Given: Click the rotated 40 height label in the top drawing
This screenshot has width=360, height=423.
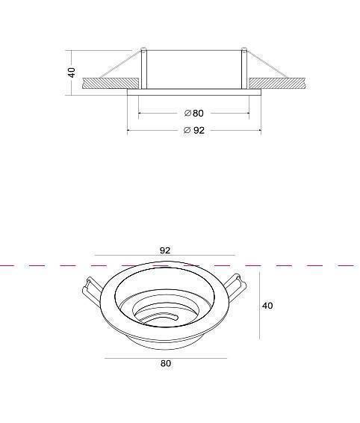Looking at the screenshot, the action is (x=72, y=72).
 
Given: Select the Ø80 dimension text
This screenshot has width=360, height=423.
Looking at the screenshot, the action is (x=194, y=113).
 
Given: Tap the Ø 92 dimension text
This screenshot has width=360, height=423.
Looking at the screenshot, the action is (x=194, y=130).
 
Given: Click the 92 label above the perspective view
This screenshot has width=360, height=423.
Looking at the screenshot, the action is (x=165, y=250).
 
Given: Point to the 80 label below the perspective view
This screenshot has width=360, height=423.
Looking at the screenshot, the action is (x=166, y=363).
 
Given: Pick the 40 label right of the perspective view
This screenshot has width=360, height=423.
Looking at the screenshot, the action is (x=267, y=306).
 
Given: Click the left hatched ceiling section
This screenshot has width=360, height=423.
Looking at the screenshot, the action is (x=111, y=84).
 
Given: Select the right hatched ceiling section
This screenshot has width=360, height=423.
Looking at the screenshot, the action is (x=277, y=84).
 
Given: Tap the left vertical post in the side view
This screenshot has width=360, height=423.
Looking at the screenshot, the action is (x=144, y=69).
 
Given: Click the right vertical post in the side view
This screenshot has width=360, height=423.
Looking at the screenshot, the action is (x=243, y=69).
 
